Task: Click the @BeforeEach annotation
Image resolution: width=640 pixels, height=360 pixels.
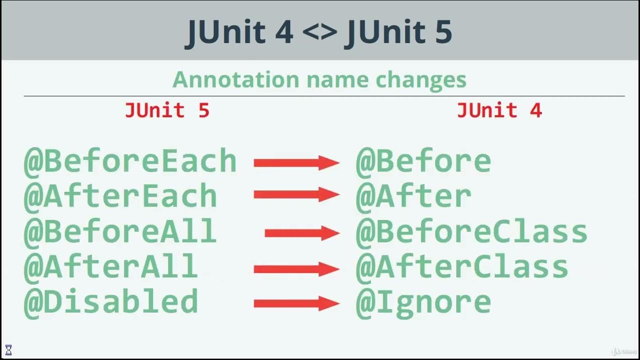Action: point(130,161)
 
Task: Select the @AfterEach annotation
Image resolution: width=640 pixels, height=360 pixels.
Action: point(120,196)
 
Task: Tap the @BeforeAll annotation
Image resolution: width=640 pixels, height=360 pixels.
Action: point(120,232)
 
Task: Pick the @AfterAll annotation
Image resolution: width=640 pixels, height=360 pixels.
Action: point(111,266)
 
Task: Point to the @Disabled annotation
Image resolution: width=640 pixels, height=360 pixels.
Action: point(111,302)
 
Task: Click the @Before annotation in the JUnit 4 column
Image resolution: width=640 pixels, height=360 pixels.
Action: point(423,161)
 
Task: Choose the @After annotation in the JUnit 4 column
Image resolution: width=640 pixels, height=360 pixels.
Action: point(413,196)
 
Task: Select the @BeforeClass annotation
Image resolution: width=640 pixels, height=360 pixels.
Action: point(471,232)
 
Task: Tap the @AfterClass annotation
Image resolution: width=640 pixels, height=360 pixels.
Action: point(462,266)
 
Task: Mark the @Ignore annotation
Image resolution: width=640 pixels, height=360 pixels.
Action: point(423,302)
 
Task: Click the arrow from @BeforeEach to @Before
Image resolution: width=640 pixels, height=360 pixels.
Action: point(296,162)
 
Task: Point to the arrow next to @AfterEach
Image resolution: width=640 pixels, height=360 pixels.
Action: point(296,195)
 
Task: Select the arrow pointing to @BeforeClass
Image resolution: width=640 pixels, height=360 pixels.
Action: point(302,232)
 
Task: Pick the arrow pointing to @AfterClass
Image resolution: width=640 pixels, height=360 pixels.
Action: point(296,269)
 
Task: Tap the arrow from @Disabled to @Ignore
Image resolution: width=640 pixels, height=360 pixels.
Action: point(296,303)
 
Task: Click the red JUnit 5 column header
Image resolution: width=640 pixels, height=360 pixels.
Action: point(167,110)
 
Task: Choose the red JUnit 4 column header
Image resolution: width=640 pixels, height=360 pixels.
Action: point(499,110)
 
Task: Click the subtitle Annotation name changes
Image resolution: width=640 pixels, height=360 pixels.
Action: point(319,79)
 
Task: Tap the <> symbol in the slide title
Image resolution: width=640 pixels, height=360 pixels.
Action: point(318,32)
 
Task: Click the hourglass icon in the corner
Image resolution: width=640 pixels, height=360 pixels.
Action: point(8,349)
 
